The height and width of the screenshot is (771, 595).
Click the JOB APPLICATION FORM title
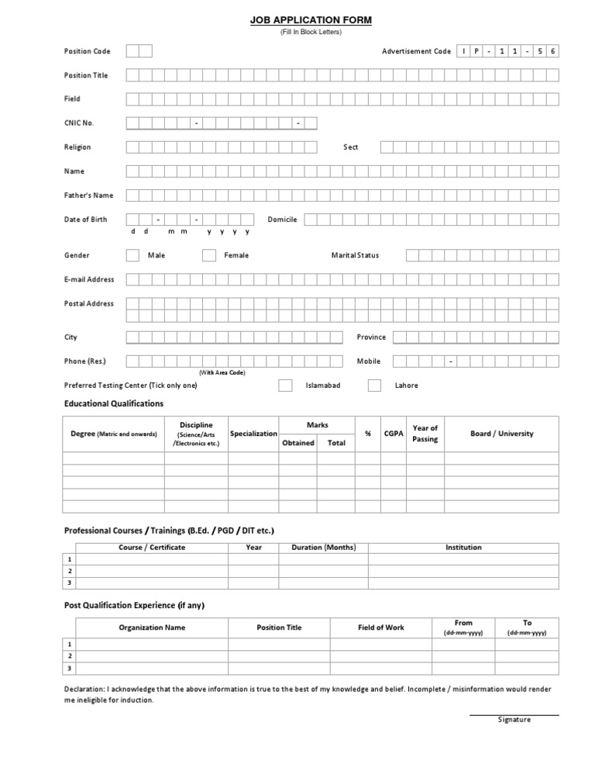coord(310,20)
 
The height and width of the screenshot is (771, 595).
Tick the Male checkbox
coord(132,255)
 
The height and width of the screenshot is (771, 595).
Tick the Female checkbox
coord(209,255)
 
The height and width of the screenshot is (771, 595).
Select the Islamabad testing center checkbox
coord(285,385)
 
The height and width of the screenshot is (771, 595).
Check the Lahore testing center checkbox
coord(374,385)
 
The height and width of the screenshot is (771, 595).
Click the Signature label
coord(514,719)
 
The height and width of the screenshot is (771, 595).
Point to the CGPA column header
coord(394,434)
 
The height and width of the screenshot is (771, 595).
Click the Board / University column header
coord(501,434)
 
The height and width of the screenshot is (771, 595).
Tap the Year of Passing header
coord(425,434)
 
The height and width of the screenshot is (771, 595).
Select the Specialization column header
coord(253,434)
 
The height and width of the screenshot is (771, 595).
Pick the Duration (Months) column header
coord(323,547)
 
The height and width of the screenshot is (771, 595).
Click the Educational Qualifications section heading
coord(114,403)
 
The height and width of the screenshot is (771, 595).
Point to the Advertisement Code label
coord(416,51)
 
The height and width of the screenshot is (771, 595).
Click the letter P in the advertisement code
coord(476,51)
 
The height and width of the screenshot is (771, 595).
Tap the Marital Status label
coord(355,255)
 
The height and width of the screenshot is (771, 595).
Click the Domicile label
coord(282,220)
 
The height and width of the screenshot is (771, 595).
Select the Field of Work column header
coord(381,628)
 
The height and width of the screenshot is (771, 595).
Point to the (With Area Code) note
coord(222,373)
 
